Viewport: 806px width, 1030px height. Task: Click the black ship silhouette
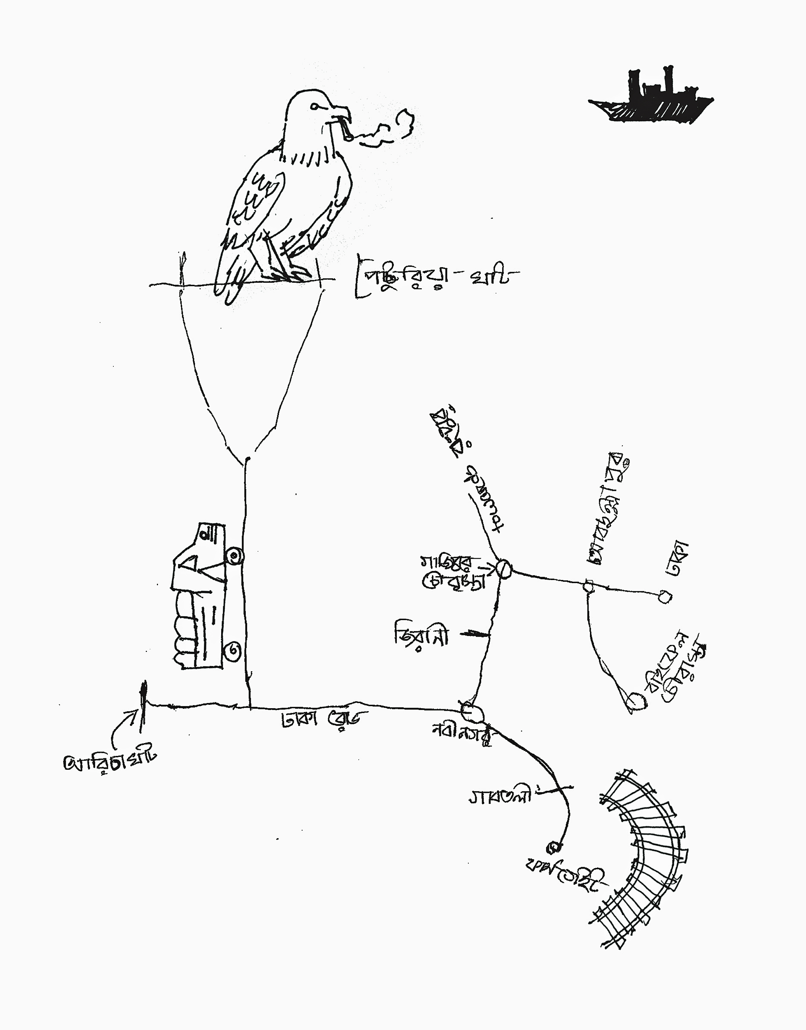click(651, 99)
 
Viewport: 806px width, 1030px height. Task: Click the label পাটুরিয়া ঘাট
click(434, 279)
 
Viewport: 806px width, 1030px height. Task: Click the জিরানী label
click(421, 635)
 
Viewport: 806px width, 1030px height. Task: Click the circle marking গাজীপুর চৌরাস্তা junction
click(504, 569)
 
